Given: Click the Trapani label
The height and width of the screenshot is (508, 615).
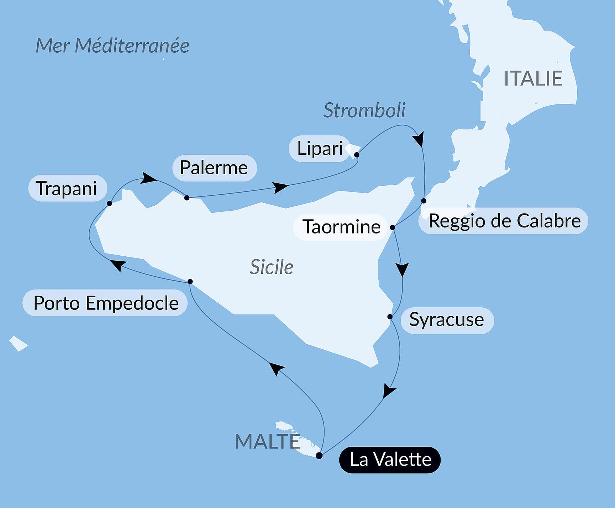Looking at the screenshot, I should pos(67,188).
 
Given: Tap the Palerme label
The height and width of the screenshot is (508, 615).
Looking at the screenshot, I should pos(214,168).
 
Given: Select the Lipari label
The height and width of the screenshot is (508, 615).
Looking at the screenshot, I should pos(320,148).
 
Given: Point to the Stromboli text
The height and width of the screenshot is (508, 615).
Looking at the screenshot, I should pos(364,110).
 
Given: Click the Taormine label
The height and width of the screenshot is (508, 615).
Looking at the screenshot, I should pos(341,227).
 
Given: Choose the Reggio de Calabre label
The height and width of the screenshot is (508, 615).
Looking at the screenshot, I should pos(504,221).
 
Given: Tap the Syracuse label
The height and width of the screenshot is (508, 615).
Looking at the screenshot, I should pos(447,320).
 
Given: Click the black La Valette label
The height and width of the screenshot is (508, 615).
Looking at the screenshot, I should pos(390,460).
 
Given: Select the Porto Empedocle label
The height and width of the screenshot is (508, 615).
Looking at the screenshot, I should pos(106,303).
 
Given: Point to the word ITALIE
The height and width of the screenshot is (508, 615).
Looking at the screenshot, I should pos(533,78).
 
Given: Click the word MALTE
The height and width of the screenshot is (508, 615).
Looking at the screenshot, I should pos(267,441).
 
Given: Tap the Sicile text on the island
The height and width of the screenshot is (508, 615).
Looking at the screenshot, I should pos(272,267).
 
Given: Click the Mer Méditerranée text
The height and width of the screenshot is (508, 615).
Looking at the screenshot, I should pos(112,46).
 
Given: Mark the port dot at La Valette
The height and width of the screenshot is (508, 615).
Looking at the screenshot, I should pos(319,456).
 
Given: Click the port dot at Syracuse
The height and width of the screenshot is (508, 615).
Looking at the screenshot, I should pos(390,317).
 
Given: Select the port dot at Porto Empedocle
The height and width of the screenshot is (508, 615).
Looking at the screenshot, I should pos(190,282).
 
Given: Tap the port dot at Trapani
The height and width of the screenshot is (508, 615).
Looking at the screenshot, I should pos(110,203).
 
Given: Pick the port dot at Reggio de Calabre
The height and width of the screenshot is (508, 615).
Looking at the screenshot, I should pos(424,201).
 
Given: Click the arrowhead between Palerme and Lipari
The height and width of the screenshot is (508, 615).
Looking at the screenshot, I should pos(280,187).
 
